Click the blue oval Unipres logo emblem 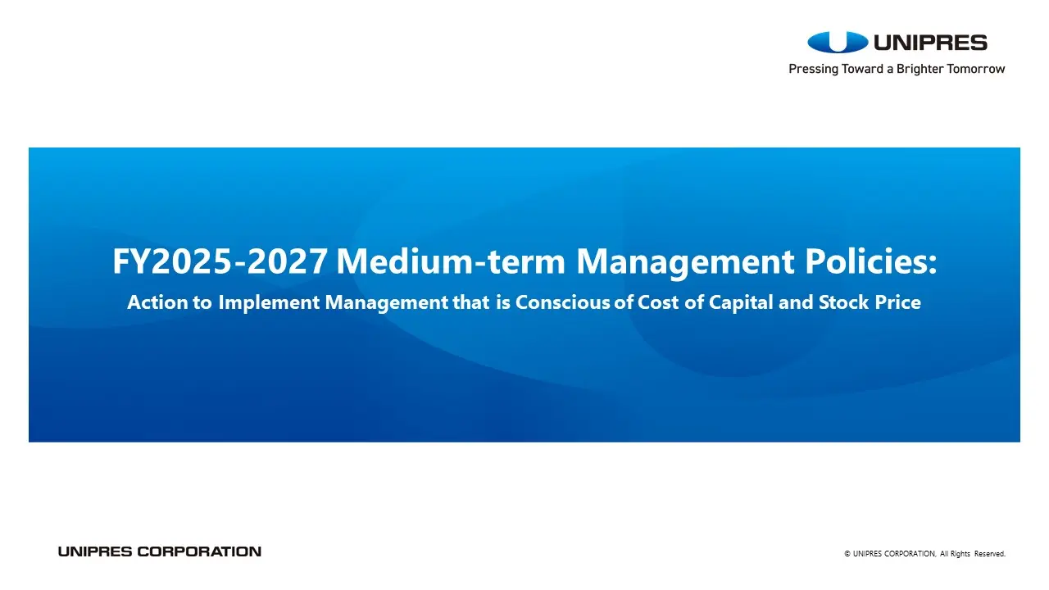pos(838,42)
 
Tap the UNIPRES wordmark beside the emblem pos(930,43)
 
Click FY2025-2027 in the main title pos(220,261)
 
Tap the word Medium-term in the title pos(451,261)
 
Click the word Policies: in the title pos(871,261)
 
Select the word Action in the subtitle pos(157,302)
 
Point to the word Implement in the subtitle pos(269,303)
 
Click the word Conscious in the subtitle pos(563,302)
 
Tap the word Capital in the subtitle pos(741,303)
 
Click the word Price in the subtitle pos(897,302)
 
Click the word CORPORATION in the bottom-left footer pos(199,551)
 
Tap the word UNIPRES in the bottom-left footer pos(95,551)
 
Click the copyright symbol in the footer pos(847,554)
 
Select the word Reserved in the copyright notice pos(989,554)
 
